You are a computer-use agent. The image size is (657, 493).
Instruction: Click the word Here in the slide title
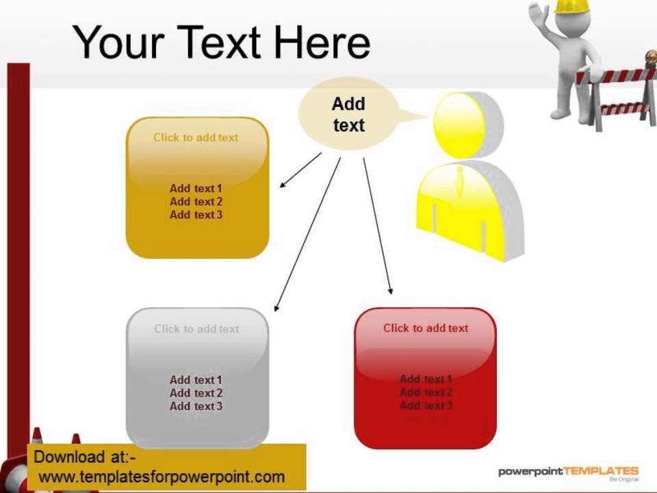point(322,42)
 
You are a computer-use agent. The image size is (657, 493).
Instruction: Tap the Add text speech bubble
point(348,114)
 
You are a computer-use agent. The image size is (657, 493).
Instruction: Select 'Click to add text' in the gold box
point(196,138)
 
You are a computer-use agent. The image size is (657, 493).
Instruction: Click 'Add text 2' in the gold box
point(196,201)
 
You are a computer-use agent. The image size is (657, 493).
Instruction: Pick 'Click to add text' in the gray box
point(196,329)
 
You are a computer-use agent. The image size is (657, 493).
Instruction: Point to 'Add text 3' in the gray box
point(196,406)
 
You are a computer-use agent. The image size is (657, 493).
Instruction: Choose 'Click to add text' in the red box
point(426,329)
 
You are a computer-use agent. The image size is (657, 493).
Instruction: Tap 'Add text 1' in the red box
point(426,379)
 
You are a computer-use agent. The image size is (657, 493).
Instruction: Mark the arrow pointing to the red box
point(377,226)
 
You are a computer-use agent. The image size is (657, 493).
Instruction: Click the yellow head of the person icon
point(460,125)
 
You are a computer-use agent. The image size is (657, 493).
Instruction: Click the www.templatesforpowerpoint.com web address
point(162,477)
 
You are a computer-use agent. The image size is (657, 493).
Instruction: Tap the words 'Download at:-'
point(85,457)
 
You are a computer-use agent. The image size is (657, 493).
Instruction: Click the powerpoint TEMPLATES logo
point(568,472)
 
